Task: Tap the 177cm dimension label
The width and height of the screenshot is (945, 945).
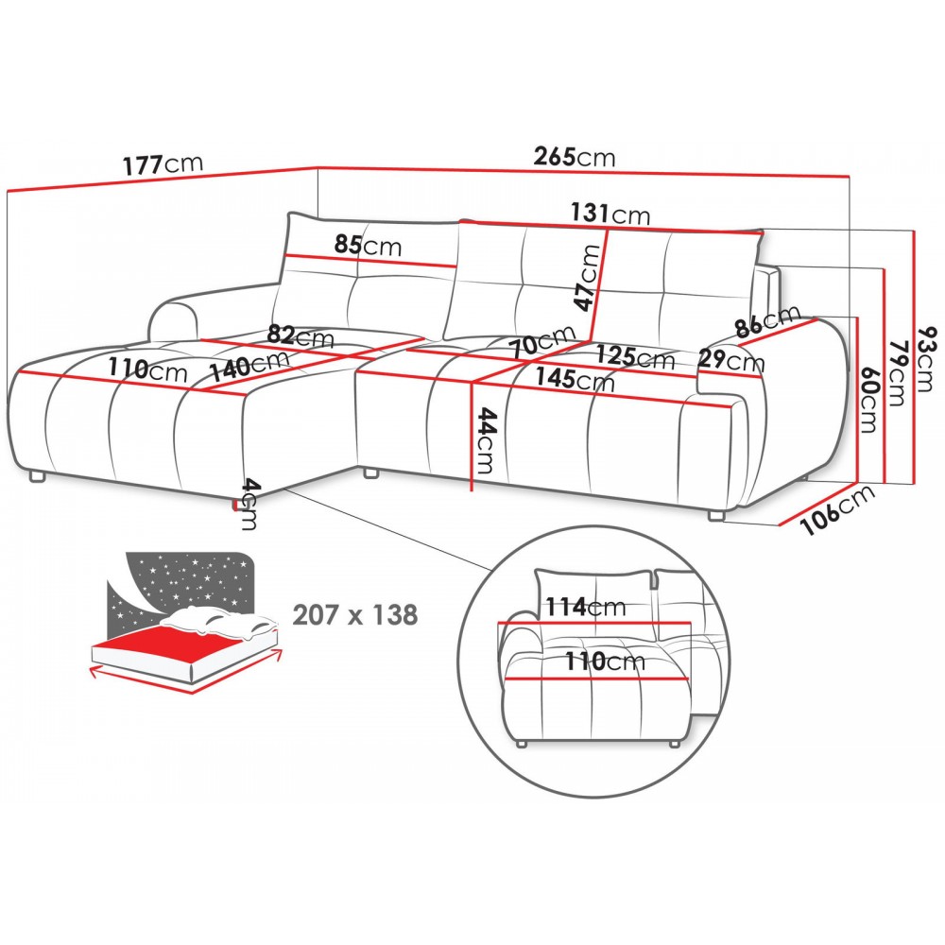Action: pyautogui.click(x=163, y=163)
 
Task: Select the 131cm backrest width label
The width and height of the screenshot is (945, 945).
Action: pyautogui.click(x=610, y=214)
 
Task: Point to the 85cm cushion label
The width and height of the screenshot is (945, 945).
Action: pyautogui.click(x=368, y=246)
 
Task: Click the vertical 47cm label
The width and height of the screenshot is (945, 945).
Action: pyautogui.click(x=588, y=278)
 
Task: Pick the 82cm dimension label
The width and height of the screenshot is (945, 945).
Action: pyautogui.click(x=300, y=335)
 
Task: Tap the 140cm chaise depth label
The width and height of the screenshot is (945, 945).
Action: pyautogui.click(x=249, y=365)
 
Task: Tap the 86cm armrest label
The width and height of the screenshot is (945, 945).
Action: pyautogui.click(x=768, y=322)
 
